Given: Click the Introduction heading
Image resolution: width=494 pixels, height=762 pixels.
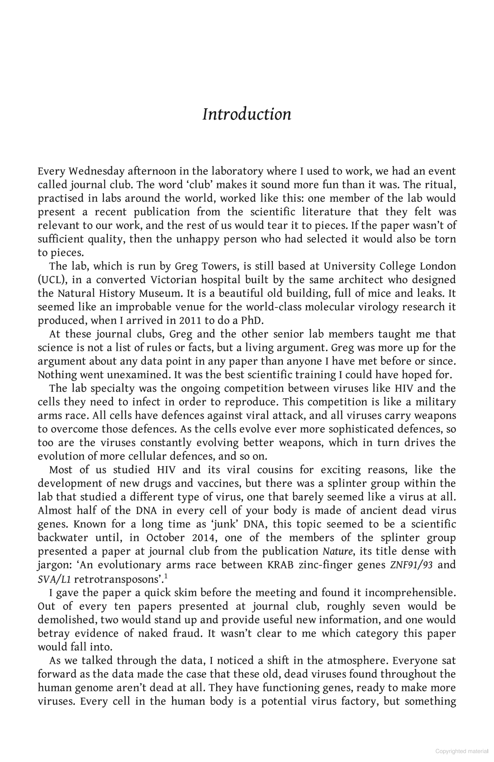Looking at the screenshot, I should (247, 115).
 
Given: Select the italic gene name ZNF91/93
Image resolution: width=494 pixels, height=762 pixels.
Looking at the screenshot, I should (411, 565).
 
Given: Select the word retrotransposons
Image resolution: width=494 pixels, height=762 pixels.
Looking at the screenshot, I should (116, 579).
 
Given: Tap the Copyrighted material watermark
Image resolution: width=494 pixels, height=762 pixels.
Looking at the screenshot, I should (462, 751).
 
